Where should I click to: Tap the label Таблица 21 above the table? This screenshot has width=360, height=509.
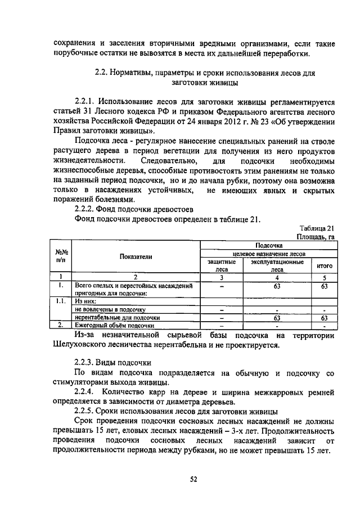click(x=317, y=228)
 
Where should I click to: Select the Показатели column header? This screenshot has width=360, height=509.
click(x=136, y=256)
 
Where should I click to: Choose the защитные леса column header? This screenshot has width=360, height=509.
click(x=222, y=265)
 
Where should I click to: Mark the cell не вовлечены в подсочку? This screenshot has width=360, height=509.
click(x=110, y=309)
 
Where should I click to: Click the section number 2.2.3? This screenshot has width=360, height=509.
click(x=87, y=361)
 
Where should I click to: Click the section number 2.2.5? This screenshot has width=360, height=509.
click(x=87, y=412)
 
